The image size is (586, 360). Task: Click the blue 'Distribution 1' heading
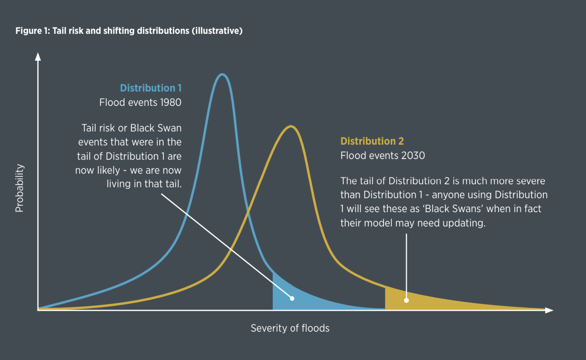click(x=150, y=88)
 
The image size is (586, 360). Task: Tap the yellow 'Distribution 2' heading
click(x=372, y=141)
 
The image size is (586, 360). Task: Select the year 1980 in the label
click(x=171, y=103)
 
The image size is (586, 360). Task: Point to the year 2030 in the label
click(x=413, y=156)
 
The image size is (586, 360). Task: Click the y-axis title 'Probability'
click(x=19, y=188)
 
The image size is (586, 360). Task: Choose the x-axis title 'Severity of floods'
click(x=290, y=328)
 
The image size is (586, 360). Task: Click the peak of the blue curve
click(x=222, y=75)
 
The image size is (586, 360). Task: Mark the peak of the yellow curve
click(x=291, y=127)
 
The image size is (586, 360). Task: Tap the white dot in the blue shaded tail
click(x=292, y=299)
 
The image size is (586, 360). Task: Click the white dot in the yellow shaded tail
click(x=406, y=300)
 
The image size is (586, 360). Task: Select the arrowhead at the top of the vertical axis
click(x=38, y=57)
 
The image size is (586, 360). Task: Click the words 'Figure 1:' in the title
click(x=32, y=31)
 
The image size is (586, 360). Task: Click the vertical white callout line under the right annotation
click(x=406, y=264)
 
